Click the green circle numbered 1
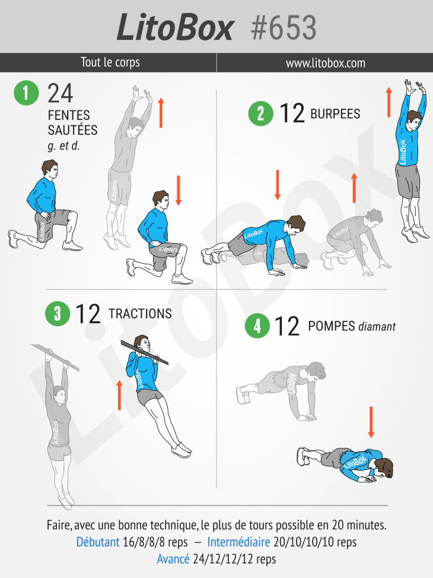(26, 93)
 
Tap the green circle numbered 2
(260, 113)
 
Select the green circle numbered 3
(58, 313)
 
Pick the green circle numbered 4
(257, 326)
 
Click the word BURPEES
(335, 114)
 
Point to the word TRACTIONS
(140, 314)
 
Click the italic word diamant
(377, 326)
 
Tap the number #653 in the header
(284, 28)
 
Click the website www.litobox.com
(326, 63)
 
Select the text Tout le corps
(110, 62)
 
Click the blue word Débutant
(98, 542)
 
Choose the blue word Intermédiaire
(238, 542)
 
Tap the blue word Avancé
(173, 559)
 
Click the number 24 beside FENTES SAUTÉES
(61, 94)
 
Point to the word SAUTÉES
(72, 130)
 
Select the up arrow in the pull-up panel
(119, 395)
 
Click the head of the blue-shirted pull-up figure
(142, 343)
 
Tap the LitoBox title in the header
(175, 28)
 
